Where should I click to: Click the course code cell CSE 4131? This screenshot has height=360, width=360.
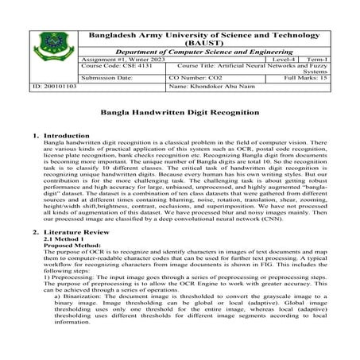coord(108,67)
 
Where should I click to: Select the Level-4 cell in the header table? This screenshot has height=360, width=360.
coord(283,59)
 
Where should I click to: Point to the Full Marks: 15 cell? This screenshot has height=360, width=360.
coord(306,79)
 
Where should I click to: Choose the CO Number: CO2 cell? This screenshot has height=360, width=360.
coord(194,79)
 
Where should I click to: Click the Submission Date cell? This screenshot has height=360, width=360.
coord(107,79)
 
